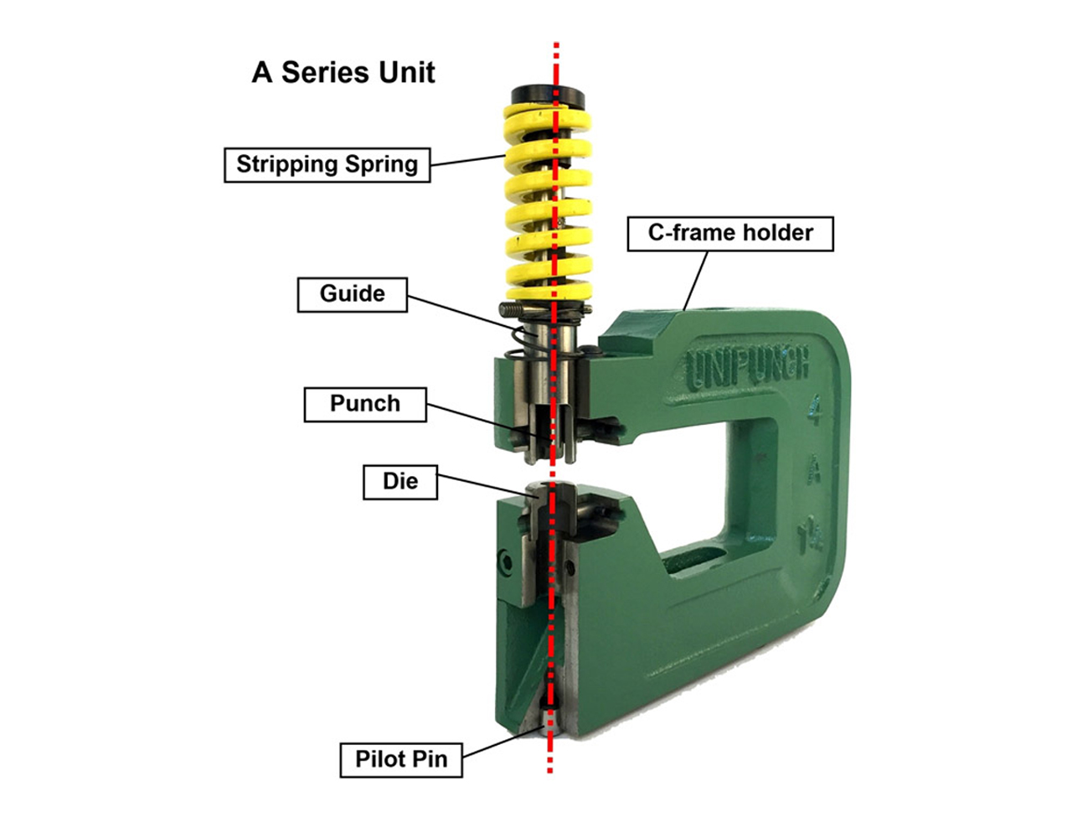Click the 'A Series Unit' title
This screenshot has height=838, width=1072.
[343, 72]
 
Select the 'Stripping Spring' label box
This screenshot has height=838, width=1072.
[327, 164]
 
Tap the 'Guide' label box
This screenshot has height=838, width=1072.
[353, 294]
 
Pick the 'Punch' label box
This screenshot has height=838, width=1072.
[365, 404]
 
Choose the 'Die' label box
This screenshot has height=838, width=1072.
[400, 482]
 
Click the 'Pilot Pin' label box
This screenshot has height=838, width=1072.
[401, 760]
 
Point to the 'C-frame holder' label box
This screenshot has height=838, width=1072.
[730, 233]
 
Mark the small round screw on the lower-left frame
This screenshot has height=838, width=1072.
[505, 562]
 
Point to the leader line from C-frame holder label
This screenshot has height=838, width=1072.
[696, 280]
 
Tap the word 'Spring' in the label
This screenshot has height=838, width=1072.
[381, 164]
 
